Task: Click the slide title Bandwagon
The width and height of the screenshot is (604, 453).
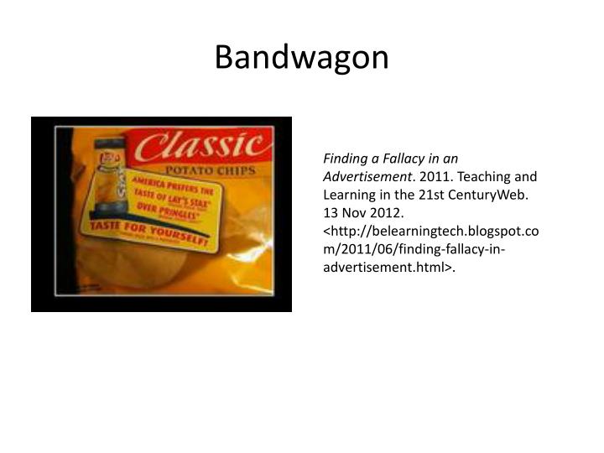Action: (301, 57)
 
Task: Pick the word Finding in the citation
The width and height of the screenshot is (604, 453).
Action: (346, 158)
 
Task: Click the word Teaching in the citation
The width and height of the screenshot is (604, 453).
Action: (487, 177)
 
